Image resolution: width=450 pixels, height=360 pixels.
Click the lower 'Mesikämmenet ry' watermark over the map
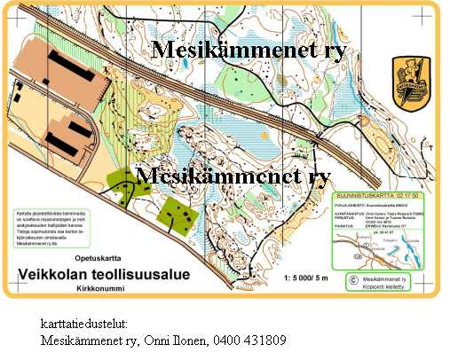pyautogui.click(x=234, y=176)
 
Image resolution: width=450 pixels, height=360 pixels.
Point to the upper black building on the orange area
pyautogui.click(x=67, y=67)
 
